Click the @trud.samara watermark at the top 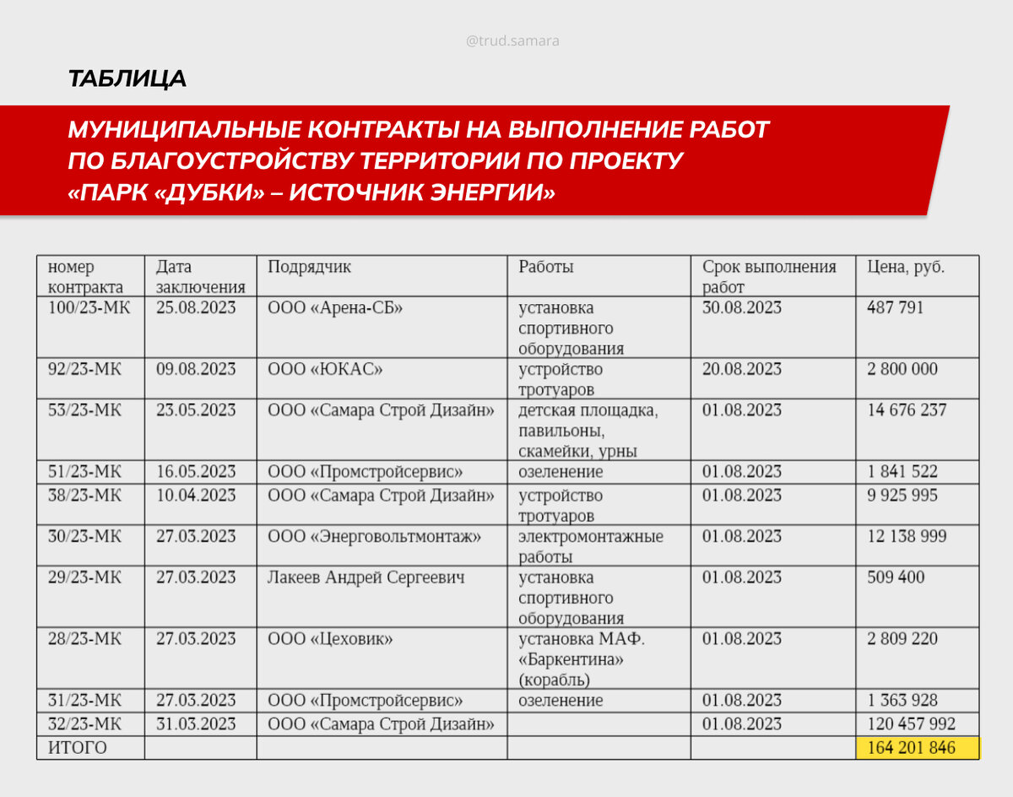click(x=512, y=40)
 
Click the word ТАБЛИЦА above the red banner click(x=127, y=79)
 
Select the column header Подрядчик click(x=309, y=267)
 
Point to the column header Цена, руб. click(x=906, y=267)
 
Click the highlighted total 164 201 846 click(x=912, y=748)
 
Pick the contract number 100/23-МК click(x=89, y=307)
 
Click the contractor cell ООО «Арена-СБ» click(x=335, y=307)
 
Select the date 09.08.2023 click(x=196, y=369)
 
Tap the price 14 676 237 click(x=907, y=410)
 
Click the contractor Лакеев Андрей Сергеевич click(x=366, y=577)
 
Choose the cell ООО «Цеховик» click(x=330, y=639)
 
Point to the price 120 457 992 click(x=912, y=724)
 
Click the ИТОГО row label click(x=78, y=748)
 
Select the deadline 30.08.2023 click(x=742, y=307)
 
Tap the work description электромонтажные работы click(x=591, y=546)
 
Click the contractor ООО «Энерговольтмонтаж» click(x=374, y=536)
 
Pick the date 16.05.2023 click(x=196, y=472)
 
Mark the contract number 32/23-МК click(x=84, y=724)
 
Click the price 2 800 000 click(x=902, y=369)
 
